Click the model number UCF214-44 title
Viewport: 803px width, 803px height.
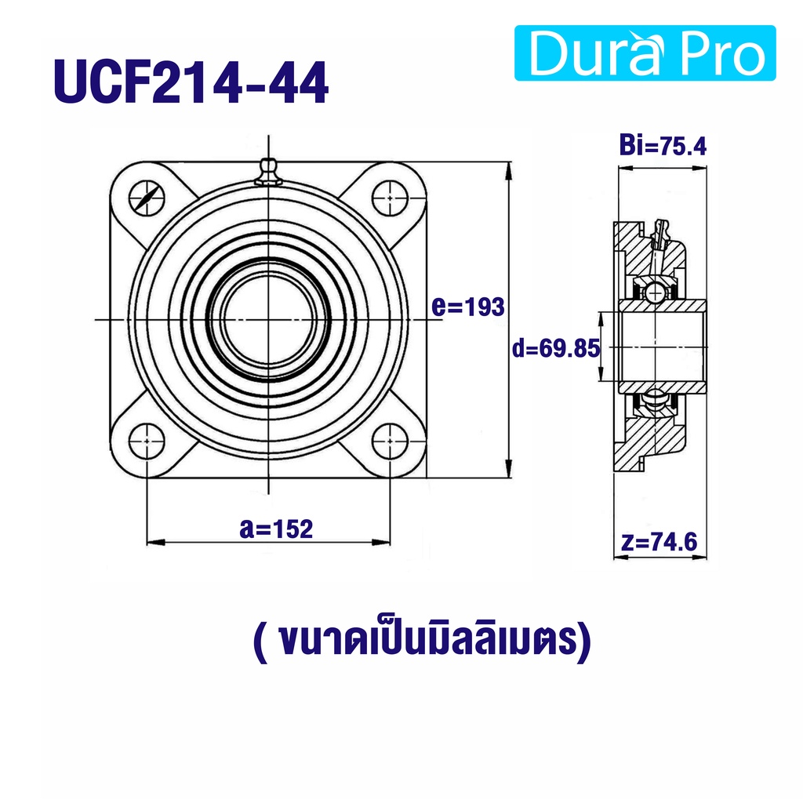(191, 82)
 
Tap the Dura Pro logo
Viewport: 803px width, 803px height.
(645, 53)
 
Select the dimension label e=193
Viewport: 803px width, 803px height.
(468, 307)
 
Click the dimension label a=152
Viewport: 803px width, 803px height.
(276, 529)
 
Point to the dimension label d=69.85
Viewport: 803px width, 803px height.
(556, 349)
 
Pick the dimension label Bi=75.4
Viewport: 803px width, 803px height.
(663, 145)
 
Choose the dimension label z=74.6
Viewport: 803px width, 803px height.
(659, 542)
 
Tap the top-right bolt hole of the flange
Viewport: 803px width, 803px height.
(390, 198)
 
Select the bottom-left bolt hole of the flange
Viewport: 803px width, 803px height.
(147, 441)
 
